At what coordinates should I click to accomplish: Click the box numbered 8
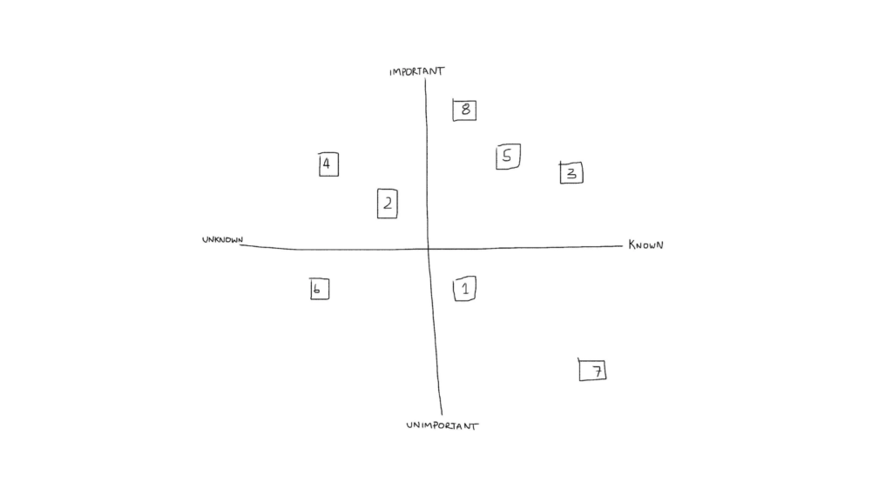coord(464,110)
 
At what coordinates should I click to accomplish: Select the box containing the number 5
coord(508,157)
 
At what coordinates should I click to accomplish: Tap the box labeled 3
coord(571,173)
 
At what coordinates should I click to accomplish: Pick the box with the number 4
coord(328,164)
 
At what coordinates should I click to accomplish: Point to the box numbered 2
coord(388,204)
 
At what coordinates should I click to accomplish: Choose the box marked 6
coord(319,289)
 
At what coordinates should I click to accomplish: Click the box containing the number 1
coord(465,289)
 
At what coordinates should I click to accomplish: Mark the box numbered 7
coord(592,370)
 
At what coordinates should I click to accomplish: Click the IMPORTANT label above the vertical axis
coord(417,71)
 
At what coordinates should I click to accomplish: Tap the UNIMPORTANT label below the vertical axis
coord(443,425)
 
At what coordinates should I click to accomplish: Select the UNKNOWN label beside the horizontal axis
coord(222,240)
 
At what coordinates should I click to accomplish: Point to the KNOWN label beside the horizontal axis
coord(645,245)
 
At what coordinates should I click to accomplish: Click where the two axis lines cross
coord(428,248)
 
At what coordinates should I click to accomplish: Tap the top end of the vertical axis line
coord(425,79)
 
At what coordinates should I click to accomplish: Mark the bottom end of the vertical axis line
coord(442,415)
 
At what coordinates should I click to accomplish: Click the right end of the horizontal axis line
coord(622,246)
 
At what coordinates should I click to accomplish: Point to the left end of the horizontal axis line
coord(240,245)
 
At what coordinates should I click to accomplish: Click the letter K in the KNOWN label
coord(632,245)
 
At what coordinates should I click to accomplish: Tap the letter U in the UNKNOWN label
coord(205,240)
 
